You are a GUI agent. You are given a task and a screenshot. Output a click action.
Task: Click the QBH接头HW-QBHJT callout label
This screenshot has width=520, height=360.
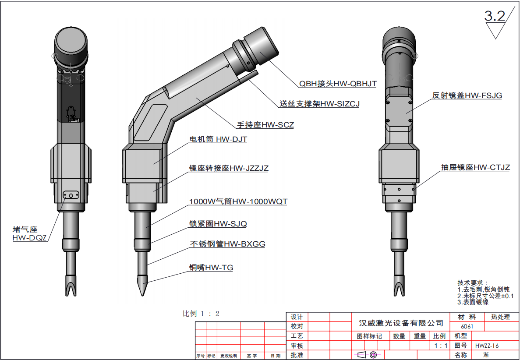(338, 83)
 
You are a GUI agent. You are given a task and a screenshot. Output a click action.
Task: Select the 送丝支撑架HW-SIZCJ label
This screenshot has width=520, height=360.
(319, 104)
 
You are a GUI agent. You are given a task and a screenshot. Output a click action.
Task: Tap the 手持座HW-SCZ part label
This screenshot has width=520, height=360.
(265, 125)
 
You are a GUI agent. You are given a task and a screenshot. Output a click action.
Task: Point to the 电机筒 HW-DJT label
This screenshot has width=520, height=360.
(218, 140)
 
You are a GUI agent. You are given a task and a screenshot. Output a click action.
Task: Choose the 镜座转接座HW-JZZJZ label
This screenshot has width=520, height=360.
(229, 168)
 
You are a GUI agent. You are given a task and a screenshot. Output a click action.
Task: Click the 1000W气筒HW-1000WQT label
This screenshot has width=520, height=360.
(238, 202)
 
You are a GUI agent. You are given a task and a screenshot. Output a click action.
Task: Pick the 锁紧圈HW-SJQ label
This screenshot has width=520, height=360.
(218, 224)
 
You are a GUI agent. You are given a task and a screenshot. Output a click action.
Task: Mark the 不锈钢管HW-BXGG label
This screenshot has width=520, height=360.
(227, 244)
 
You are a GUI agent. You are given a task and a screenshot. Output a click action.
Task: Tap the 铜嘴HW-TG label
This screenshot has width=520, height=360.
(211, 267)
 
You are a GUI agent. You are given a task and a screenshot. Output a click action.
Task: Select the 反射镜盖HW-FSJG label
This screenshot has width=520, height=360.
(467, 95)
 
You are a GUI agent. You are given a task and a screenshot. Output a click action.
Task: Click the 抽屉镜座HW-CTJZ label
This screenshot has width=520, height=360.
(475, 167)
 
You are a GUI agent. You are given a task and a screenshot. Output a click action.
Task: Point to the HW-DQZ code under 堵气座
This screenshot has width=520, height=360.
(29, 238)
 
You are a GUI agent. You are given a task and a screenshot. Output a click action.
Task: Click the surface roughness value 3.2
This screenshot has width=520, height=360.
(494, 16)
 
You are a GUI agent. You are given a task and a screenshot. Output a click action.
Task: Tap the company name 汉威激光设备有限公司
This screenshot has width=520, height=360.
(401, 323)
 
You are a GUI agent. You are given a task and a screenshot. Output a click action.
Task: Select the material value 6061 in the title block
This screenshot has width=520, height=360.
(467, 327)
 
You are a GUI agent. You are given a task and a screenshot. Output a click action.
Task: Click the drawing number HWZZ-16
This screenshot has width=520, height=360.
(487, 346)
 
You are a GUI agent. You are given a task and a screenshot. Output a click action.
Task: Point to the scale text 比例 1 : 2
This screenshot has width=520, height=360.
(201, 314)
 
